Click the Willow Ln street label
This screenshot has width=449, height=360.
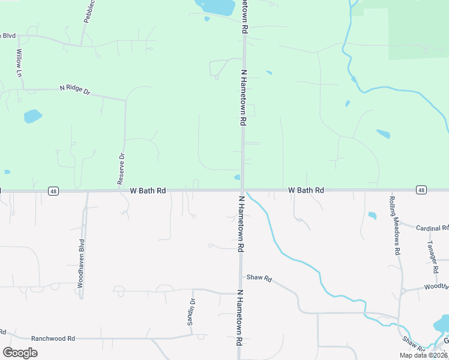click(x=19, y=62)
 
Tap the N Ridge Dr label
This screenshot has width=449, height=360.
click(x=74, y=89)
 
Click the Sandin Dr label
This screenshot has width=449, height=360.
click(x=191, y=311)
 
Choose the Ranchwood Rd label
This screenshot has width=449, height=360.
click(x=53, y=338)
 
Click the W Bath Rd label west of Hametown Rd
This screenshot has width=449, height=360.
click(x=148, y=191)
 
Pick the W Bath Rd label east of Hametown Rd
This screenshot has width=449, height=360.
click(x=306, y=190)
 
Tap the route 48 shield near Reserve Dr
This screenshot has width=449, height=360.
click(x=54, y=191)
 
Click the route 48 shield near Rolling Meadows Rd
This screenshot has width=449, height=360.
click(x=421, y=190)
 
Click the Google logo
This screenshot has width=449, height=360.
click(x=20, y=352)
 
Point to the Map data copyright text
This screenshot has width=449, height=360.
click(x=424, y=355)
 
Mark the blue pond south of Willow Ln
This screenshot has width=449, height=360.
click(x=33, y=116)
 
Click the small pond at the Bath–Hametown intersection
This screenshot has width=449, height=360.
click(x=237, y=177)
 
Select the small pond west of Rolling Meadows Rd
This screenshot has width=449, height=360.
click(x=372, y=215)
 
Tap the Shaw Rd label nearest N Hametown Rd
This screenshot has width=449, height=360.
click(x=259, y=279)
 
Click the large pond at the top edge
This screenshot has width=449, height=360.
click(x=214, y=7)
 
